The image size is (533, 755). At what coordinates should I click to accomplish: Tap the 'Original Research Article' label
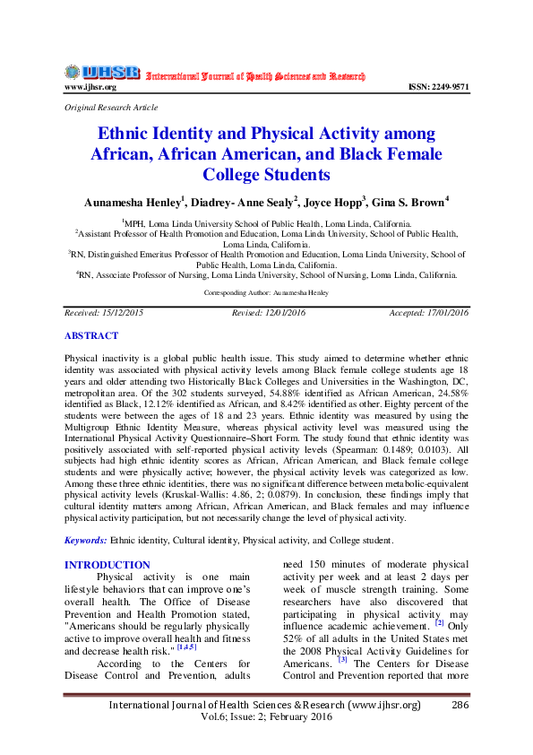[104, 107]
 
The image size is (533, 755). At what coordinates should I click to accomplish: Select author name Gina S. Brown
[409, 203]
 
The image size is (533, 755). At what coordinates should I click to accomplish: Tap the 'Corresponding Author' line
[266, 292]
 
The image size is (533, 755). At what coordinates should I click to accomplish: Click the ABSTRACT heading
[91, 336]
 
